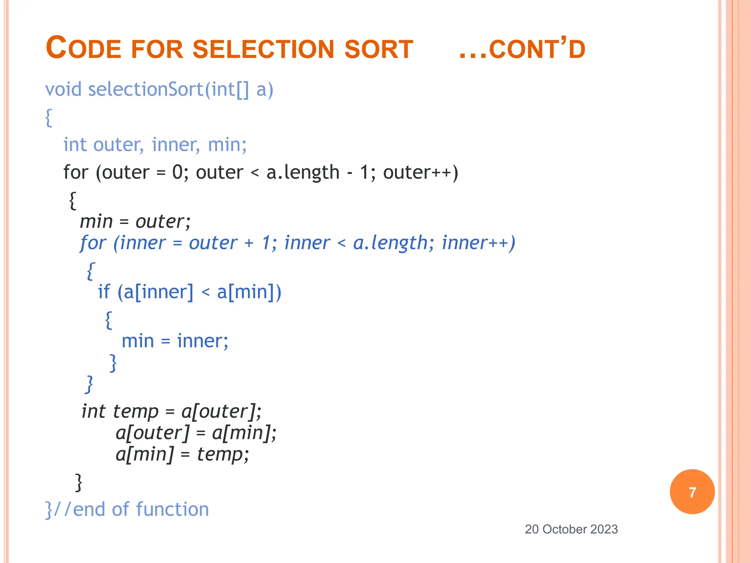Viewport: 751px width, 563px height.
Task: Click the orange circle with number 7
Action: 692,492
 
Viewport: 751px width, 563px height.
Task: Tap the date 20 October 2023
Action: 571,529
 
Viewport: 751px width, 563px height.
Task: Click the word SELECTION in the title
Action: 263,49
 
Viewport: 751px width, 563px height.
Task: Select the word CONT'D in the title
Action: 537,49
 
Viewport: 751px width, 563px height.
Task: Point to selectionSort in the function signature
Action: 145,89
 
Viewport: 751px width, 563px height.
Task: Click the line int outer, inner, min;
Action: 155,144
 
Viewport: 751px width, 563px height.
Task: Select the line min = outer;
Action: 135,221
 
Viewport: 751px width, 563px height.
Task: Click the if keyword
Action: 104,292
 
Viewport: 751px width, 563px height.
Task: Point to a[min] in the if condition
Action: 246,292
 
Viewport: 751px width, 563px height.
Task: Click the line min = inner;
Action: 175,341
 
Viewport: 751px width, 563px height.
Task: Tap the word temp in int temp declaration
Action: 135,412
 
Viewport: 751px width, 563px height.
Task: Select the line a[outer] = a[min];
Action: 196,433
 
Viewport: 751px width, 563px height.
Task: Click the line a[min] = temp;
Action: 182,455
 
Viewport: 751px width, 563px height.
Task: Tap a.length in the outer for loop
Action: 303,172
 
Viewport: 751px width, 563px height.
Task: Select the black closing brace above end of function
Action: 78,482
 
